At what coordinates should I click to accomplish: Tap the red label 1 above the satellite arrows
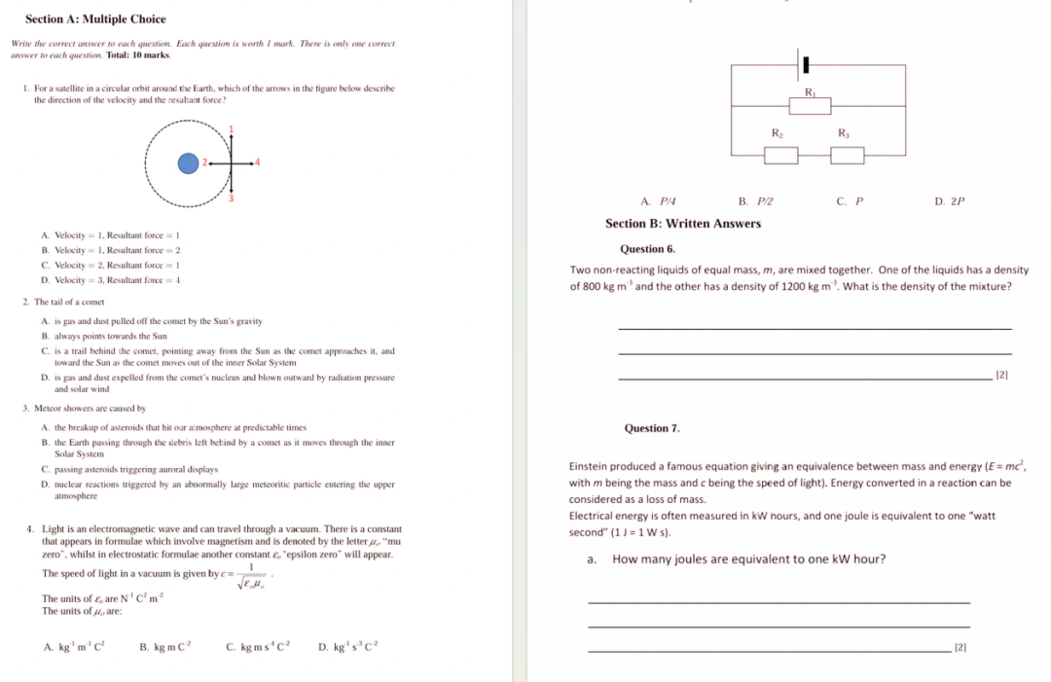232,130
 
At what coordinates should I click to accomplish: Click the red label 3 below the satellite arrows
232,199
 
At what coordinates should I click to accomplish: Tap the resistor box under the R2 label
780,154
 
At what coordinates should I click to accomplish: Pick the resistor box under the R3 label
848,154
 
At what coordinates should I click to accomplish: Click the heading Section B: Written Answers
683,224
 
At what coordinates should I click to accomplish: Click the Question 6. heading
647,249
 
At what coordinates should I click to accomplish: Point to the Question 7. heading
652,428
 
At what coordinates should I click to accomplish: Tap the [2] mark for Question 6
1002,375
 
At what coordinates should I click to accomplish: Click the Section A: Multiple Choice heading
95,19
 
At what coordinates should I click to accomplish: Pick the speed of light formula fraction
251,577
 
